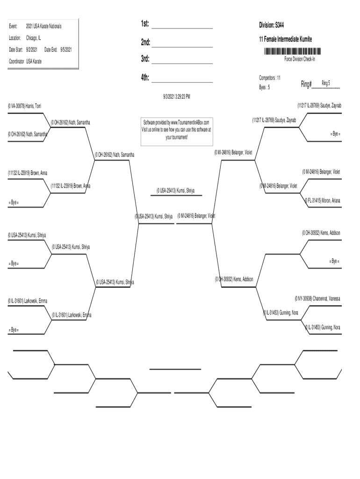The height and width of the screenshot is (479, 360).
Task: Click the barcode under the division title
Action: point(293,51)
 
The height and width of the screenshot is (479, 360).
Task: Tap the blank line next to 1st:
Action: point(182,28)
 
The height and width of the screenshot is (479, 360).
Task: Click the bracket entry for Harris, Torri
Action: point(25,106)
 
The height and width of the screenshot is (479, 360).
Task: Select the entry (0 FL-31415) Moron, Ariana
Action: point(323,201)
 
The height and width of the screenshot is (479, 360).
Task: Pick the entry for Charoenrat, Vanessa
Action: point(317,298)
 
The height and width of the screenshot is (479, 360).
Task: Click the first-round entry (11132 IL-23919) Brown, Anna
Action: point(27,173)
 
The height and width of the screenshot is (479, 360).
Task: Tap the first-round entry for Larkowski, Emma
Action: point(27,300)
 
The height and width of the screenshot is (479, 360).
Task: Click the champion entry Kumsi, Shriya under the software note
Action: point(175,190)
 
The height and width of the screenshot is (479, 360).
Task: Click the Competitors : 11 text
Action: point(270,78)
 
